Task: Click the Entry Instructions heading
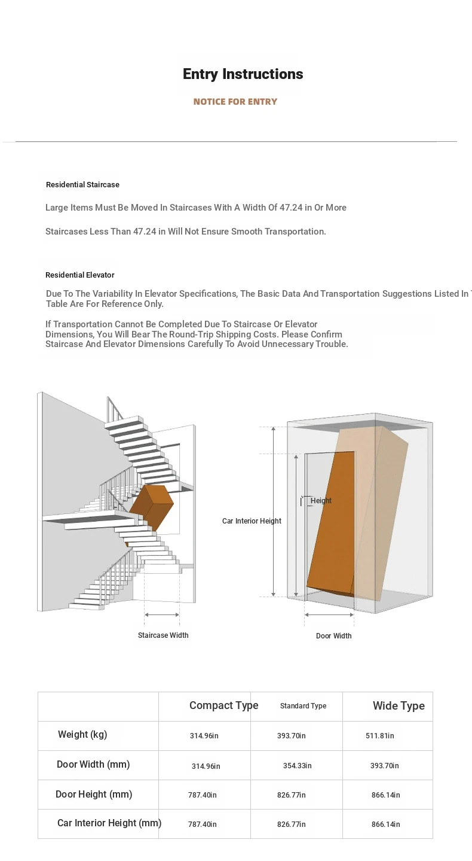243,74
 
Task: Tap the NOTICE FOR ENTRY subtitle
235,102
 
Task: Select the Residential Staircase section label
82,185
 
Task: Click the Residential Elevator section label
80,275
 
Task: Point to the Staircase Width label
163,635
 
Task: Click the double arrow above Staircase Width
162,614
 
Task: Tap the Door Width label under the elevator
333,636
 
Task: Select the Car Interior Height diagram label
252,521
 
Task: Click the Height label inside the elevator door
321,501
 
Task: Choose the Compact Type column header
223,705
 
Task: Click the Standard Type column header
303,706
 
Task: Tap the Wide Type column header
399,706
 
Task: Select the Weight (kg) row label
82,735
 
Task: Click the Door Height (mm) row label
94,795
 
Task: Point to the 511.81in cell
379,736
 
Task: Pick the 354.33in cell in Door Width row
297,766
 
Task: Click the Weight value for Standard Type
291,736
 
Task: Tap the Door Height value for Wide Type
385,795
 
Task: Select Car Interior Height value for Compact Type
203,825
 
